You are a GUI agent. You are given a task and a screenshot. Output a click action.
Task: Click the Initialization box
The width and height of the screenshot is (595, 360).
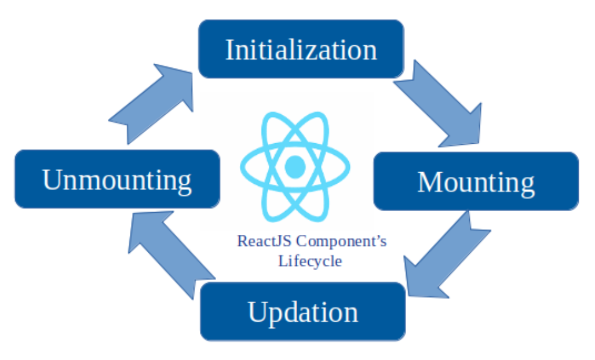[301, 49]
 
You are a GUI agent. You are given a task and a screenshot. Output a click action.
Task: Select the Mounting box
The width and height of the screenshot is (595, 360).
[476, 181]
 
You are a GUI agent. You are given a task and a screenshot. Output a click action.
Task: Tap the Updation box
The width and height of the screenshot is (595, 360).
[302, 311]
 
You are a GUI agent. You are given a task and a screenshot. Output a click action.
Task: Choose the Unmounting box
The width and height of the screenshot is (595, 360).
[117, 179]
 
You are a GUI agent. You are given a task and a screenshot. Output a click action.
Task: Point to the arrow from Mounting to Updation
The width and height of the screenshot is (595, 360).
[443, 255]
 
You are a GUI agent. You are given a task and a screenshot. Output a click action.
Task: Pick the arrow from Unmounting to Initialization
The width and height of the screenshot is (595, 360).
[154, 102]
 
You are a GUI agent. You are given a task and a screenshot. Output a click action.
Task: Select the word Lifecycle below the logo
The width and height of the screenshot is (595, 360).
[310, 261]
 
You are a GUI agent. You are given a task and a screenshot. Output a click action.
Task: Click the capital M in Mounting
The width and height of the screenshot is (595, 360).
[429, 182]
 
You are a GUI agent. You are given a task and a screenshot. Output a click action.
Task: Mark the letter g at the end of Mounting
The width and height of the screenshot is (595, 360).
[527, 186]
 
